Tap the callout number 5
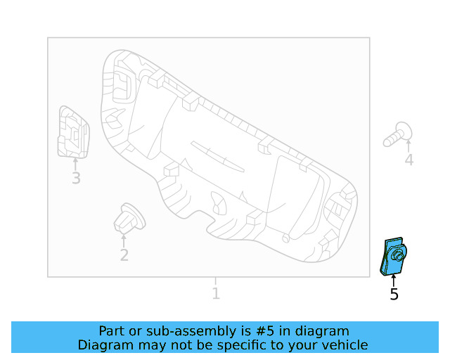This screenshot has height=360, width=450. click(x=394, y=295)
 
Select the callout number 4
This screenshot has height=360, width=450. click(x=409, y=160)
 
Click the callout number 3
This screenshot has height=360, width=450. click(x=76, y=179)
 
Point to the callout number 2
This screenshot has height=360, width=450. click(x=124, y=255)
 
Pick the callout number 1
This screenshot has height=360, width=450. click(x=216, y=294)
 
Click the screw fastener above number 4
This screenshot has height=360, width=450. click(x=398, y=134)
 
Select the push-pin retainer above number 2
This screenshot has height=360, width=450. click(x=128, y=217)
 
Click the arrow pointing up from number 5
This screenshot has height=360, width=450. click(x=394, y=280)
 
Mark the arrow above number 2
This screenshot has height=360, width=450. click(x=124, y=240)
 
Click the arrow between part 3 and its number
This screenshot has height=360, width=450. click(x=76, y=164)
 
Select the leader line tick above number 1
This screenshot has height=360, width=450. click(x=216, y=281)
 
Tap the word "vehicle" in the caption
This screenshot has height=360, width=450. click(x=342, y=345)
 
